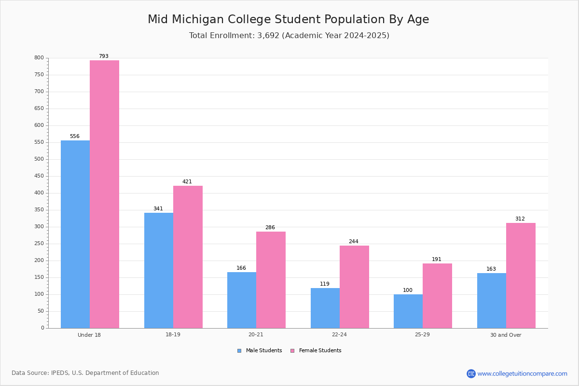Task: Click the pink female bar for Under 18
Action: click(104, 194)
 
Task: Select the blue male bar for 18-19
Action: click(159, 270)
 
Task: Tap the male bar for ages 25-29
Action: click(408, 311)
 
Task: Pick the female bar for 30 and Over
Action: click(521, 276)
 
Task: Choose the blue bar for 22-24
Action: click(325, 308)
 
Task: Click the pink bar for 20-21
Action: click(271, 280)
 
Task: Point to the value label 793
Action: click(104, 56)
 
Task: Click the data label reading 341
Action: click(158, 208)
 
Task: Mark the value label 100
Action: click(408, 290)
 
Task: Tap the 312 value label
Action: click(520, 219)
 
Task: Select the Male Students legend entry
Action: click(260, 351)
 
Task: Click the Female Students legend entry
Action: click(316, 351)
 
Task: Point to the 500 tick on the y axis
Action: click(39, 159)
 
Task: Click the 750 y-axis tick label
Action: click(39, 75)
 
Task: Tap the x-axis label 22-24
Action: click(339, 334)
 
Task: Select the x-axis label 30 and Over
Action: click(506, 335)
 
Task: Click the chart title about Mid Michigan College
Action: click(289, 19)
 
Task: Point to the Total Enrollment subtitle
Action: click(289, 35)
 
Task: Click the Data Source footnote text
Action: click(85, 373)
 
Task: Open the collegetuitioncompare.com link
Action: click(517, 373)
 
